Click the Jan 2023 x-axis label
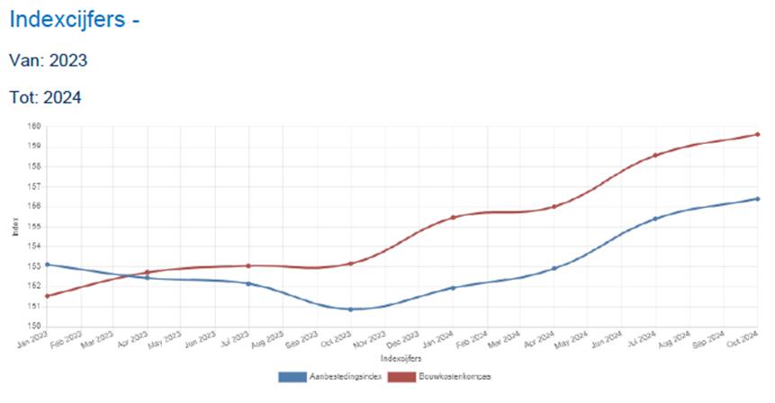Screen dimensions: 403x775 point(33,339)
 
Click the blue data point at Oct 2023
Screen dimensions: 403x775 point(350,309)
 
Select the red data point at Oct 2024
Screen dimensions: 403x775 point(757,135)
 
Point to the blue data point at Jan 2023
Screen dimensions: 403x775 point(46,264)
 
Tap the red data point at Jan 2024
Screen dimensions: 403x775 point(453,218)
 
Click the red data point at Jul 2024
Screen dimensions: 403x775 point(655,155)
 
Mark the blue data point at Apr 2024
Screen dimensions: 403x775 point(554,268)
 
